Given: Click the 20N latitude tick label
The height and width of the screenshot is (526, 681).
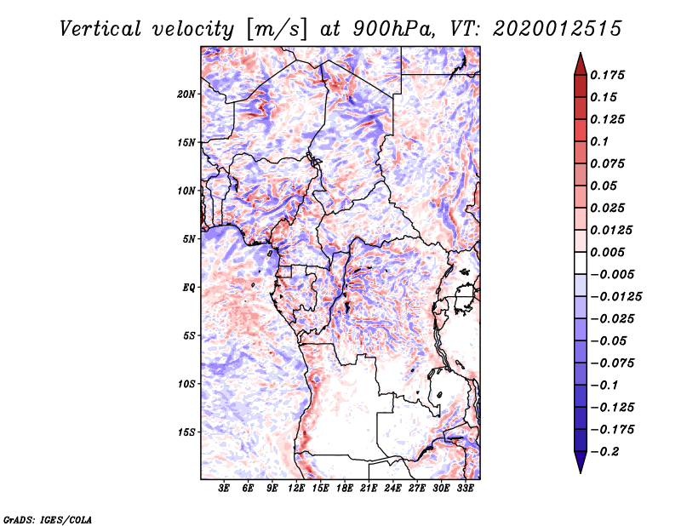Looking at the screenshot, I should (186, 94).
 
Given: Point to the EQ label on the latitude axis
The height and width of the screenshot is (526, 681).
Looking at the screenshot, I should (189, 288).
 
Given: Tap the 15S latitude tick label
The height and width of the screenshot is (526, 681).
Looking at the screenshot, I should (186, 432).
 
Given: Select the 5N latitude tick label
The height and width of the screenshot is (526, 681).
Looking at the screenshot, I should (189, 239).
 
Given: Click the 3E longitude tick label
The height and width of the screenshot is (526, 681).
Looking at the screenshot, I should (225, 489).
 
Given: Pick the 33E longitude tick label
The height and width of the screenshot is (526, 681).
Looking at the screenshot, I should (465, 489).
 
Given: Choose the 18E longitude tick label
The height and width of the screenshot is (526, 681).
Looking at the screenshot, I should (345, 489).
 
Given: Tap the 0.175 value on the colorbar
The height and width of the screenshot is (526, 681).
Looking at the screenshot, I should (608, 75).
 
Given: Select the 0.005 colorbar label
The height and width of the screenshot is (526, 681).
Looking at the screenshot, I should (608, 252).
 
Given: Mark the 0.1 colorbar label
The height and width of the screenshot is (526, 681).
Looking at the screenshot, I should (600, 141).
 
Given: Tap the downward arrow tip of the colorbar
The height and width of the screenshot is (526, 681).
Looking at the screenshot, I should (580, 470).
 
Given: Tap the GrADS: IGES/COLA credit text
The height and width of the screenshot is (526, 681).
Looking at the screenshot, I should (48, 518).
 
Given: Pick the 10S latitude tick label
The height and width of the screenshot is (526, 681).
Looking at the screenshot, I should (186, 384).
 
